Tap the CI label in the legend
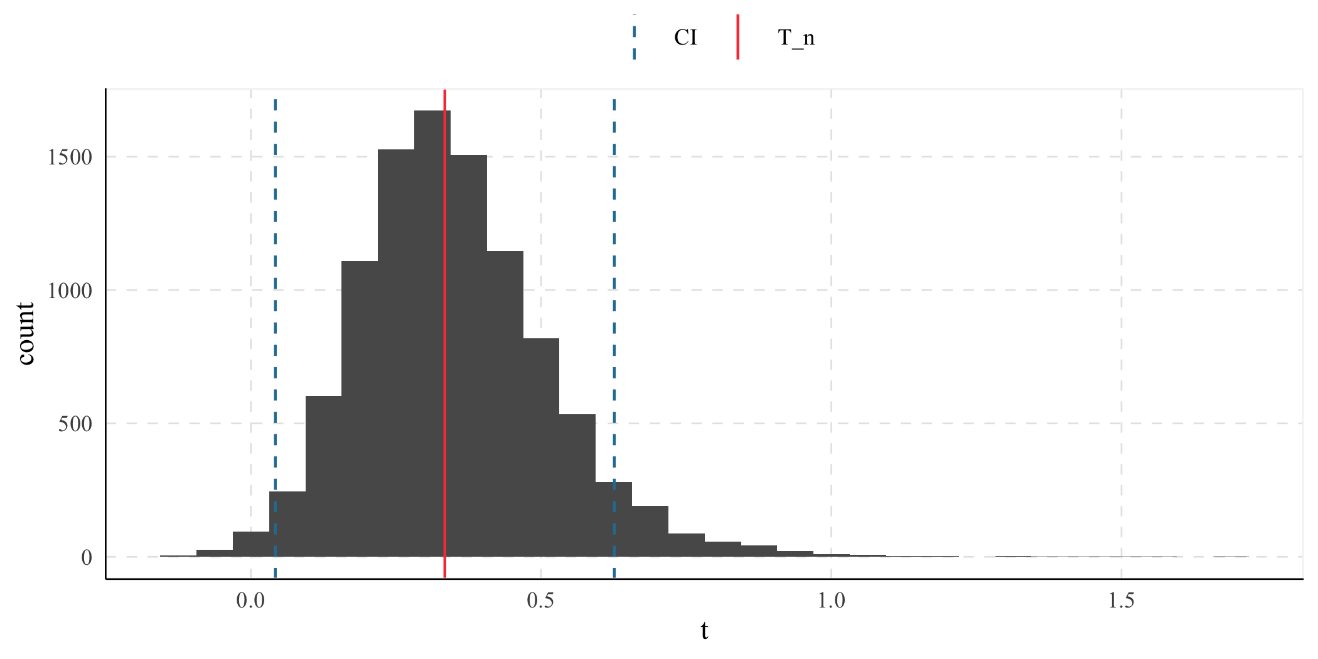685,38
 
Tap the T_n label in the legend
796,38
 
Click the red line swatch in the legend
738,38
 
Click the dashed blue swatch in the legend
635,38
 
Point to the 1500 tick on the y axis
70,157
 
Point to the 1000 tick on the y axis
70,291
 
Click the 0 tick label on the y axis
87,557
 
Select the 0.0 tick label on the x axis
250,601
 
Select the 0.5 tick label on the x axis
541,601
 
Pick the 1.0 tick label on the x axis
831,601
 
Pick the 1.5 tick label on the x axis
1122,601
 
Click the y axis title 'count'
25,333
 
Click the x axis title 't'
704,631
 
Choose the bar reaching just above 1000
360,408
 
